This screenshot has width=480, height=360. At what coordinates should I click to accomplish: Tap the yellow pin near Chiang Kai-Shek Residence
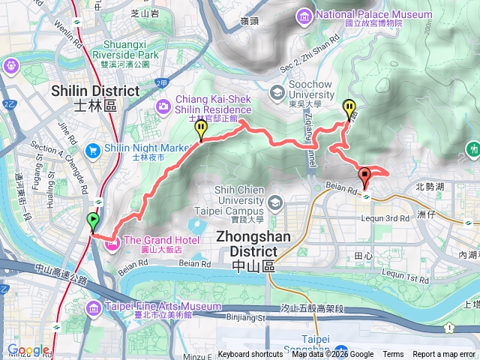click(201, 130)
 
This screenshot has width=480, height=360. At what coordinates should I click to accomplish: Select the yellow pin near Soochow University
click(349, 109)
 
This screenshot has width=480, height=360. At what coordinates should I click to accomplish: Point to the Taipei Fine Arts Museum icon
click(93, 307)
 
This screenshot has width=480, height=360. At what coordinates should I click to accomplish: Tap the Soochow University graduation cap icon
click(277, 91)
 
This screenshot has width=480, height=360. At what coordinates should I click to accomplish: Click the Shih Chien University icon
click(275, 202)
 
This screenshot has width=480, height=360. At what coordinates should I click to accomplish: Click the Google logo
click(28, 349)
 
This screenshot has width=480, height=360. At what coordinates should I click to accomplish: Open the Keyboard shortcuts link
click(250, 355)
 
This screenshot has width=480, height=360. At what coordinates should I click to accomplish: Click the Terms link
click(393, 355)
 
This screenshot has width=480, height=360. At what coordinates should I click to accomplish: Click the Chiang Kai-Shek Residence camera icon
click(163, 108)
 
